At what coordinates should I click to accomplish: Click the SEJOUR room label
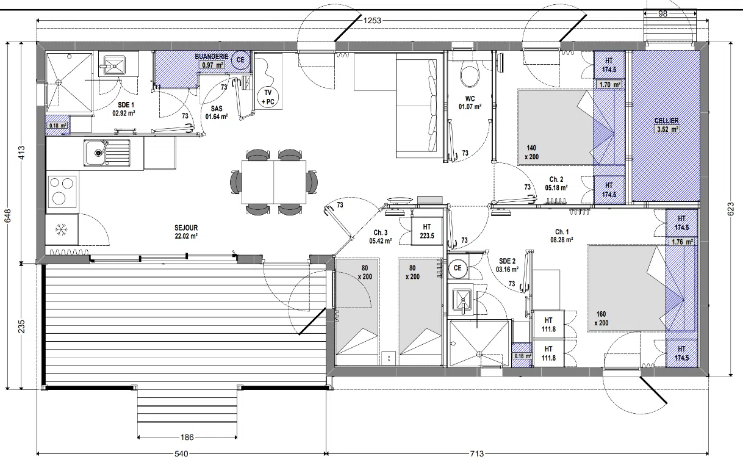186,228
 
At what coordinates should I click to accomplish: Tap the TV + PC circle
268,97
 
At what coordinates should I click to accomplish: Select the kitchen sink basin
96,153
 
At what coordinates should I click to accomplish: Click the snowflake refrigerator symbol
61,229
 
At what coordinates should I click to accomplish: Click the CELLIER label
666,121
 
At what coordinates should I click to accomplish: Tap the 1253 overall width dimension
372,21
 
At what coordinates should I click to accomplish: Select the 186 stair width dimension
187,437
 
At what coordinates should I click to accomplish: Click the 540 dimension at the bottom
181,453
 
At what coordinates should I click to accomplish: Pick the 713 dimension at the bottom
477,453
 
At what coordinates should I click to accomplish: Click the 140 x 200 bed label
532,153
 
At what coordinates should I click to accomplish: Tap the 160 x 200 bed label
601,319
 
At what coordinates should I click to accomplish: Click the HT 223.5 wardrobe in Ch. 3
427,231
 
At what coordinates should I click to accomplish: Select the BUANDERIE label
212,57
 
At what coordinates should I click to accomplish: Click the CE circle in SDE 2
458,268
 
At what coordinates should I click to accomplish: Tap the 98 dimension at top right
662,13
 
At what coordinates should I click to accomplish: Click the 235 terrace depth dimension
21,326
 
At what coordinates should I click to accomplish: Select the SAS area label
217,109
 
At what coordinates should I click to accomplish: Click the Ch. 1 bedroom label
562,232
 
